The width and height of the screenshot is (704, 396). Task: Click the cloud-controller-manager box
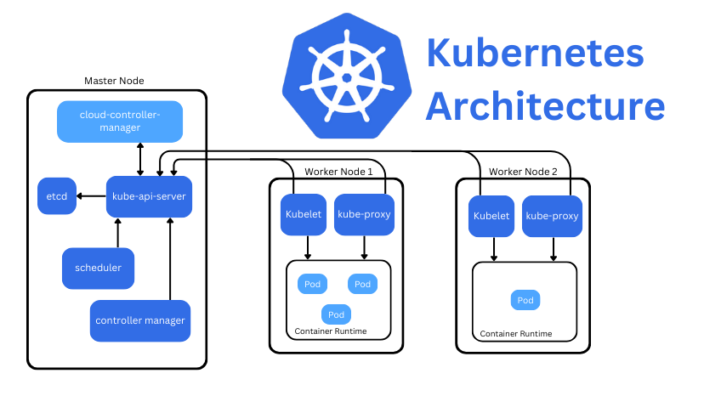point(120,122)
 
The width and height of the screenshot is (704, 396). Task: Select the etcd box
point(57,196)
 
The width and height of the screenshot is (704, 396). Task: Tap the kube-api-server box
point(149,196)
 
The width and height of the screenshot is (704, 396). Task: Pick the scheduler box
point(98,268)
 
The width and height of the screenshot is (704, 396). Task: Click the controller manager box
point(140,320)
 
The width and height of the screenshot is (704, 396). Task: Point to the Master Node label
point(114,81)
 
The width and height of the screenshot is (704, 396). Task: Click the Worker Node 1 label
point(338,172)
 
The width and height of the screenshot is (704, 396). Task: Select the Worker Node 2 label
point(523,172)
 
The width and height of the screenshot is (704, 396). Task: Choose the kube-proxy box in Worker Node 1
point(364,214)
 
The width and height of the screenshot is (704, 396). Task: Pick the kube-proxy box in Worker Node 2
point(552,216)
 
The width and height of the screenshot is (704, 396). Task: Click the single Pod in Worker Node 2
point(525,300)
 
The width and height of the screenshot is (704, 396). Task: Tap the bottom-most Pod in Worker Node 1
point(336,314)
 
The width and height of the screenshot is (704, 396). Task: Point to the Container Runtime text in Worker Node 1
point(331,331)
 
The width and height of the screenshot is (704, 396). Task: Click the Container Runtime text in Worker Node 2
point(515,334)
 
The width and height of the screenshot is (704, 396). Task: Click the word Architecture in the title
point(545,107)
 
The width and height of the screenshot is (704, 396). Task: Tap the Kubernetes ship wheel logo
point(346,77)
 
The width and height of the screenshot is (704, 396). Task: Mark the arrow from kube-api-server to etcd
point(90,196)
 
